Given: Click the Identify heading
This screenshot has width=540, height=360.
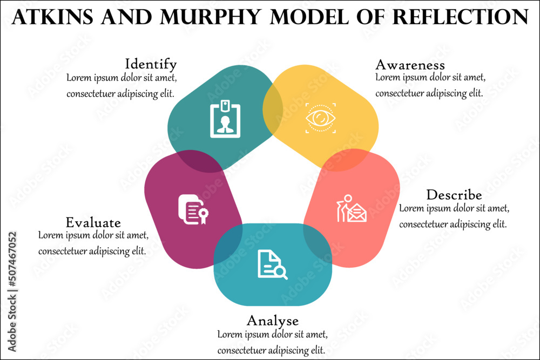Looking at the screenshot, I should [151, 65].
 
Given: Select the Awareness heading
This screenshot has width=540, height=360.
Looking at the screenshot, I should [410, 65].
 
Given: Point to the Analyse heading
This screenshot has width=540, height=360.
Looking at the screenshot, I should [273, 321].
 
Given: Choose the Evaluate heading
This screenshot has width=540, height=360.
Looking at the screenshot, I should [93, 222].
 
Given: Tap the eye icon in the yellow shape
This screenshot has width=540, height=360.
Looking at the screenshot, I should [320, 118].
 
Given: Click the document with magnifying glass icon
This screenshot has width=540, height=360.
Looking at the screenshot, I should [272, 264].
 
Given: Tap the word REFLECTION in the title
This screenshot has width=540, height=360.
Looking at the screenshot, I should [460, 18].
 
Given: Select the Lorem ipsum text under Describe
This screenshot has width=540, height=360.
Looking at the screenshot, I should [453, 216].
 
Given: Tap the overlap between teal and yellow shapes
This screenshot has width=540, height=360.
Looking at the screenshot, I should [273, 108].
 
